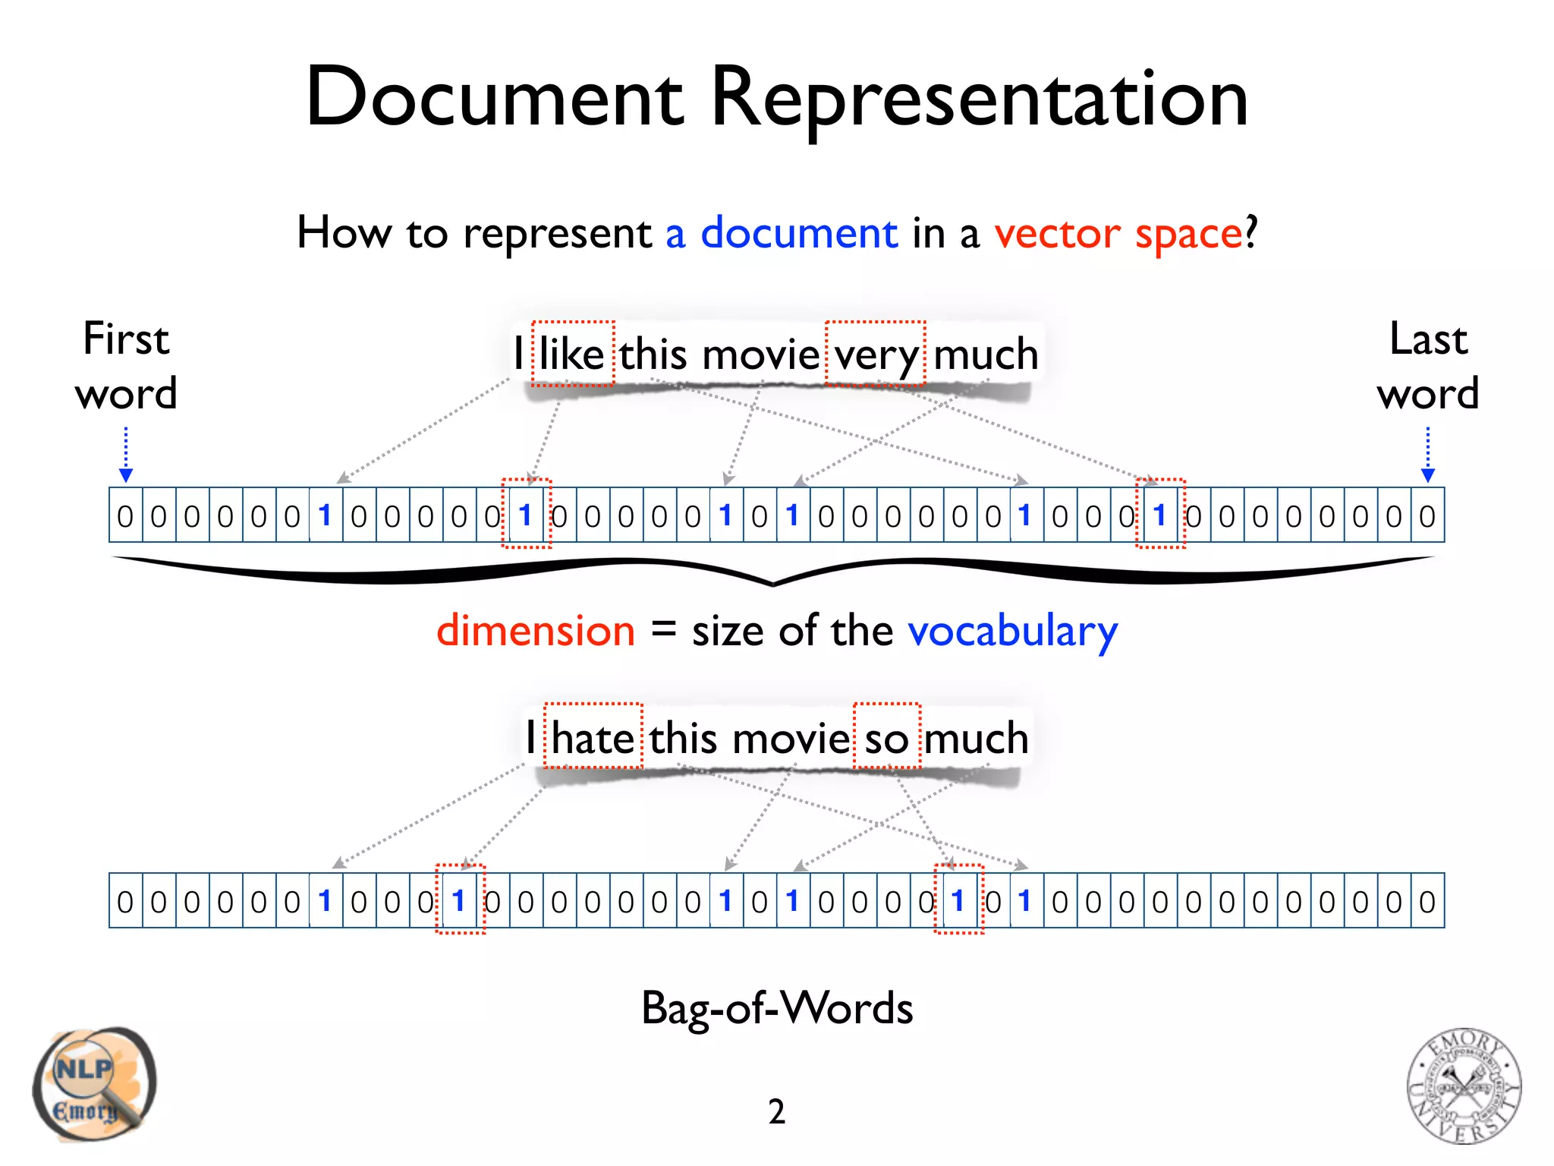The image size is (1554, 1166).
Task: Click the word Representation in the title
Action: (x=979, y=99)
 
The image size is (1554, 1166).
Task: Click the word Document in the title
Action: (x=495, y=99)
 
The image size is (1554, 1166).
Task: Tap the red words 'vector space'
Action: (x=1118, y=234)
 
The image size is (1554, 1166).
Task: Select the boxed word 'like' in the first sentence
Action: (x=572, y=355)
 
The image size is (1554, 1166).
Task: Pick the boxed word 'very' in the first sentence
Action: (x=876, y=355)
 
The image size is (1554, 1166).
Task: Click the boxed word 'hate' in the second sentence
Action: (x=593, y=738)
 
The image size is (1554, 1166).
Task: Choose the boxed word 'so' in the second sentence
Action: (x=886, y=738)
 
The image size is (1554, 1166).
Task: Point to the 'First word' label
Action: (x=126, y=366)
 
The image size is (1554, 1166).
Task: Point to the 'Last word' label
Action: (x=1428, y=366)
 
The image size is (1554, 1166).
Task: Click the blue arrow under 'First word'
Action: (x=126, y=455)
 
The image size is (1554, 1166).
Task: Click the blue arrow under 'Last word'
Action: (x=1428, y=455)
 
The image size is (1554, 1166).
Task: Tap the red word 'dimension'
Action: (x=536, y=631)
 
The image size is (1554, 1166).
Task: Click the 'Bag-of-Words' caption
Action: (x=777, y=1009)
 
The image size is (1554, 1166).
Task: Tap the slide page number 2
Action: (x=776, y=1112)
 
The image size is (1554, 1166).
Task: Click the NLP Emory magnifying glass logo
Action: (x=94, y=1084)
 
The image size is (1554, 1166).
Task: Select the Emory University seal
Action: (x=1464, y=1086)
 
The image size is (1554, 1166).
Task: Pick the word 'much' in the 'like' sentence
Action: (x=986, y=355)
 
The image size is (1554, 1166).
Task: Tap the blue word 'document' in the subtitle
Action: (x=798, y=232)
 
